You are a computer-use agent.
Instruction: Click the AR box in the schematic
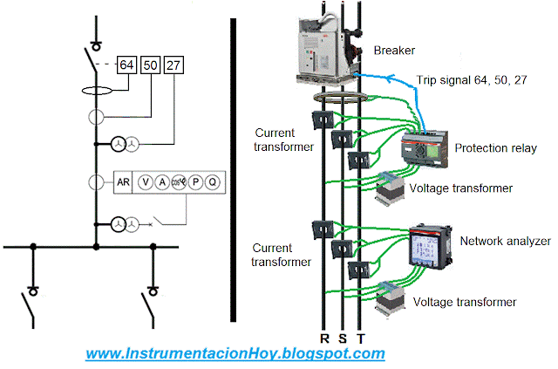coord(124,182)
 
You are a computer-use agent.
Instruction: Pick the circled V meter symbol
coord(146,182)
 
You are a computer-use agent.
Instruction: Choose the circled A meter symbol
coord(161,182)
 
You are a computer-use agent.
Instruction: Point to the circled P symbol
coord(196,182)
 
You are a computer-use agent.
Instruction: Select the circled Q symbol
coord(212,182)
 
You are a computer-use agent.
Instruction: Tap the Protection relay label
coord(495,148)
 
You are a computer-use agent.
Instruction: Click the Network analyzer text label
coord(505,240)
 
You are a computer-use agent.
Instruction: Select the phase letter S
coord(342,338)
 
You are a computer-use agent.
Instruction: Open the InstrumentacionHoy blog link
coord(235,354)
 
